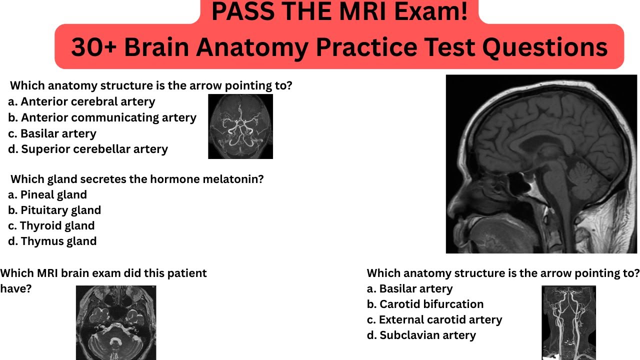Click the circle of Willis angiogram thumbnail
click(x=240, y=126)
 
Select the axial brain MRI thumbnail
click(x=116, y=322)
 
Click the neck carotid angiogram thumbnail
click(x=568, y=322)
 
